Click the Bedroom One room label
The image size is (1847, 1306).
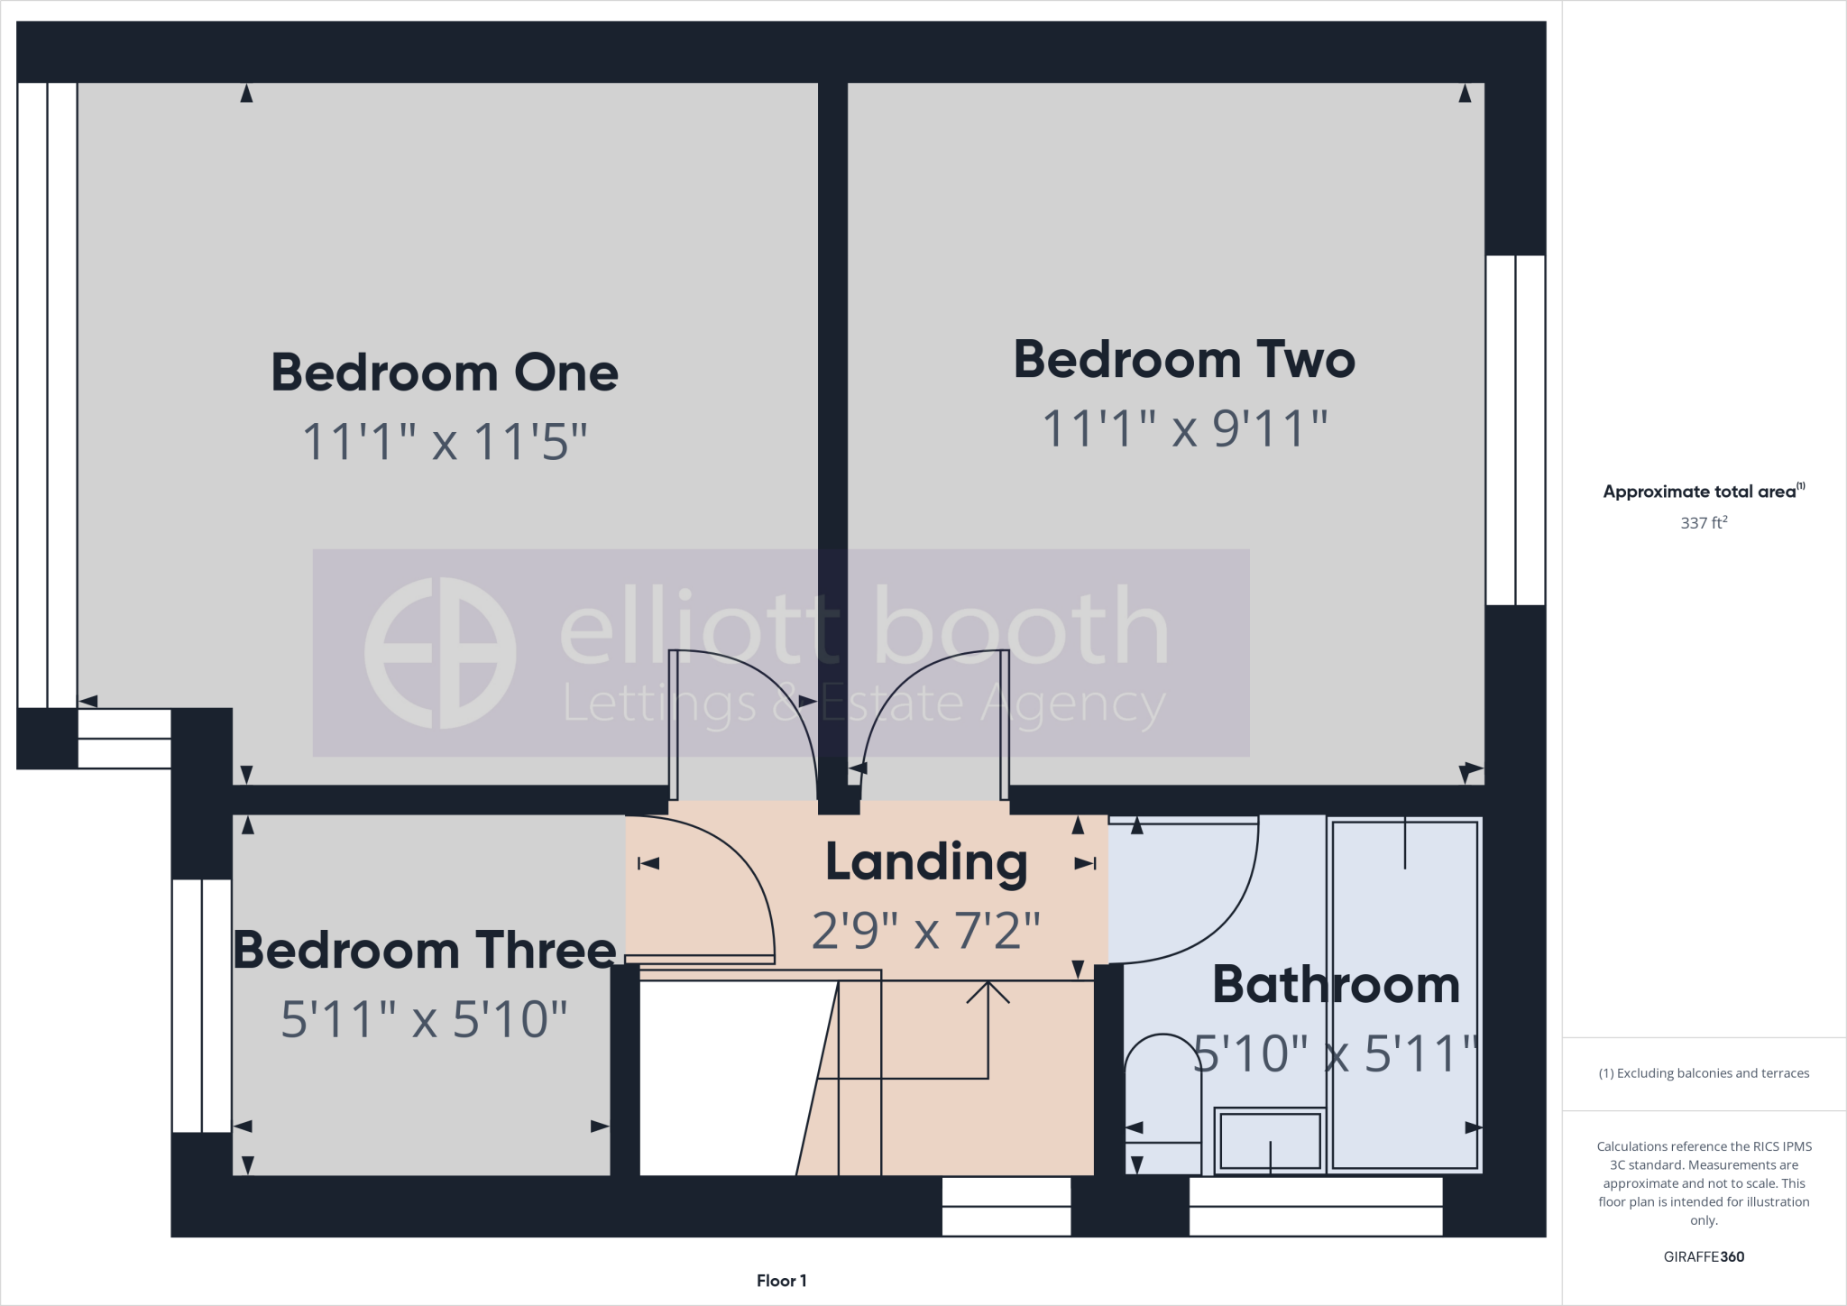point(445,372)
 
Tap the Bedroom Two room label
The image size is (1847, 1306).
point(1184,360)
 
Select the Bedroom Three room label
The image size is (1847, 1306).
point(425,951)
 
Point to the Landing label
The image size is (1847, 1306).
point(926,863)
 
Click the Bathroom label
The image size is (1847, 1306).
point(1336,985)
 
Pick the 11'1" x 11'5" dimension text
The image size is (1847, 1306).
point(445,443)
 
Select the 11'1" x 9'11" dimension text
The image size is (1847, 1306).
point(1184,428)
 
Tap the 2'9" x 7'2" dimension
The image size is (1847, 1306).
point(926,931)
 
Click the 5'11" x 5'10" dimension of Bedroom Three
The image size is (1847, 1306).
point(425,1020)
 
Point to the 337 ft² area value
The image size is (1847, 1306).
point(1704,523)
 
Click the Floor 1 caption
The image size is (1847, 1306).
point(781,1281)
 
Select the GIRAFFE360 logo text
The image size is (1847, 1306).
point(1704,1257)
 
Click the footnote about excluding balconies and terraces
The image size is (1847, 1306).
point(1704,1073)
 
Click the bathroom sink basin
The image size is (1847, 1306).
point(1270,1141)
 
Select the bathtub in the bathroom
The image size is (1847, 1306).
point(1404,992)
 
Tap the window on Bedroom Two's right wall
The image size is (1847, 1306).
point(1515,430)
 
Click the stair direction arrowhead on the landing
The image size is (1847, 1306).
point(988,992)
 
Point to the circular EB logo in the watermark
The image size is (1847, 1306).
point(440,653)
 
